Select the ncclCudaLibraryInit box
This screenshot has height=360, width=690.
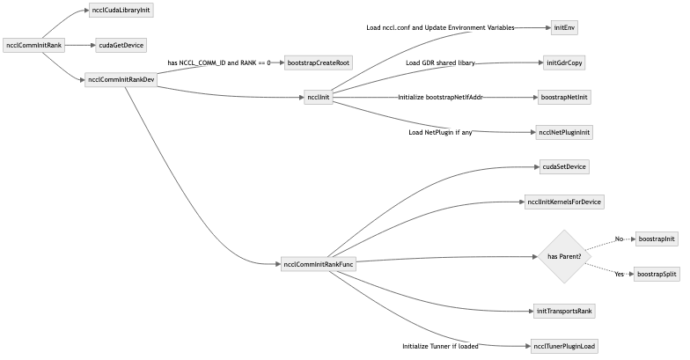pos(120,11)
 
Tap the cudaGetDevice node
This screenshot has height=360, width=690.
pos(121,44)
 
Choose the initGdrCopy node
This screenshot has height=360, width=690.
pos(564,63)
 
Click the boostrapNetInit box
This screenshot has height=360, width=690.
pos(564,98)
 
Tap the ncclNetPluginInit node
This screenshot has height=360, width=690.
pos(564,132)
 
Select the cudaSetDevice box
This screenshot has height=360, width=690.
pos(564,166)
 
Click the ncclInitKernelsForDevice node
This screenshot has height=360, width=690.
pos(564,202)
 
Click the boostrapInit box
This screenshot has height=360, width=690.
pos(657,239)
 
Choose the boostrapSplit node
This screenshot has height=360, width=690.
pos(657,274)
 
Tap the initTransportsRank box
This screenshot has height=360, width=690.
pos(564,311)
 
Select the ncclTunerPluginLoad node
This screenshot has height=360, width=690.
pos(564,346)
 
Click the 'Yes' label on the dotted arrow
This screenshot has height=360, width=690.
pos(619,274)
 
